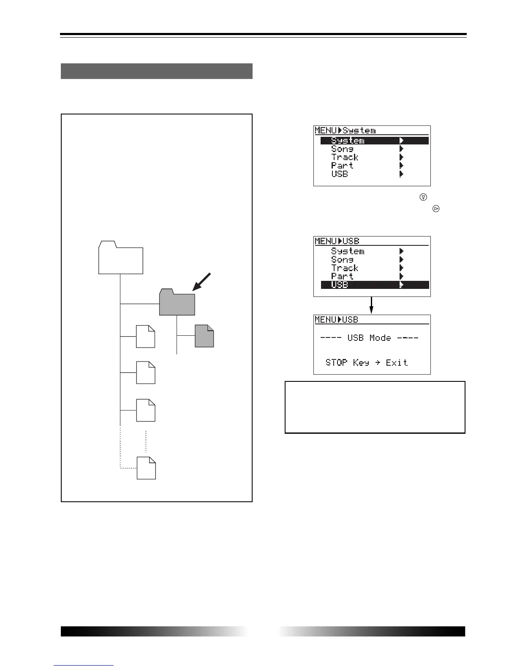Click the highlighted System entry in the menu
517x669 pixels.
coord(348,141)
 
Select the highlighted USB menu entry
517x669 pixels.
coord(340,285)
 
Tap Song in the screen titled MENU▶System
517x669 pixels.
coord(342,149)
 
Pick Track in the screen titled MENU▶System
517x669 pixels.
coord(345,158)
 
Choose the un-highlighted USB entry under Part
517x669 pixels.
coord(340,174)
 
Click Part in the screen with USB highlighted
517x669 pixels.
coord(342,277)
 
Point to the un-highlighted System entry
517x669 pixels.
coord(348,251)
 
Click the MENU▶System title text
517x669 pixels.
coord(345,131)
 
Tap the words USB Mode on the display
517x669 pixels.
coord(369,338)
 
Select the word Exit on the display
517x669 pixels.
coord(397,362)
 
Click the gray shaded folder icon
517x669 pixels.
coord(177,302)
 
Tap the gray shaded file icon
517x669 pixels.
coord(204,336)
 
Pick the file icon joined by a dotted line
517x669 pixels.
coord(146,468)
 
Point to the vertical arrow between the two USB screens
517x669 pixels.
coord(372,305)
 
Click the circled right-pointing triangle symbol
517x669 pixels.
coord(436,208)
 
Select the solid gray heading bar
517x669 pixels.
coord(157,71)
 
